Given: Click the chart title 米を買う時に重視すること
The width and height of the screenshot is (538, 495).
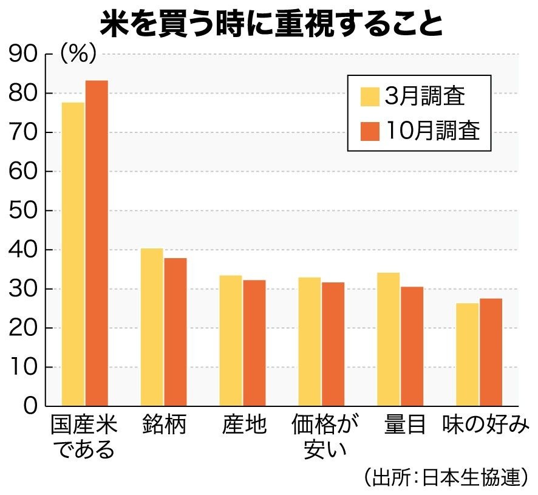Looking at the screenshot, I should tap(269, 23).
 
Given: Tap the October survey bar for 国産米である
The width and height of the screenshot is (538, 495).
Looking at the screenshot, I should tap(97, 243).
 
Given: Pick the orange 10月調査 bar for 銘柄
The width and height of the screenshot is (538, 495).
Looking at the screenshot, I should tap(175, 332).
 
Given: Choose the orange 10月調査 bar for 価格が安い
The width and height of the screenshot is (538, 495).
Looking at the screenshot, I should tap(333, 344).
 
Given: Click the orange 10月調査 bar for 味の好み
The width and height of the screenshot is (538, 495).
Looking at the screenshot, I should tap(491, 352).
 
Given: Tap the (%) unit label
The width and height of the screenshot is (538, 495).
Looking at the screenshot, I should tap(78, 55).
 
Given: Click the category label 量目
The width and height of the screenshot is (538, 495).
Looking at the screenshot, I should tap(405, 425).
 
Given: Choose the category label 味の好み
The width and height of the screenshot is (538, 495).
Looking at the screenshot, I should tap(486, 425).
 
